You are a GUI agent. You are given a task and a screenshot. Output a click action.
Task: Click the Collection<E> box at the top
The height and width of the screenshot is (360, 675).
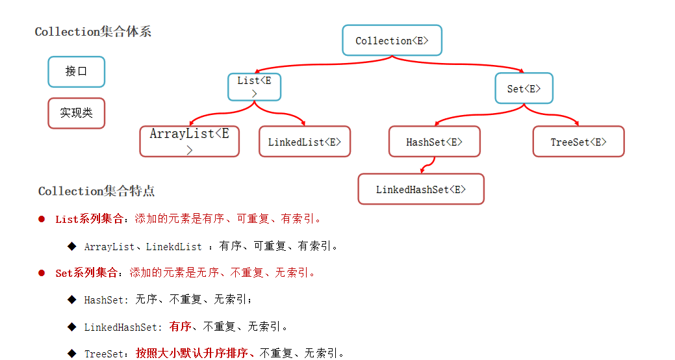pyautogui.click(x=392, y=40)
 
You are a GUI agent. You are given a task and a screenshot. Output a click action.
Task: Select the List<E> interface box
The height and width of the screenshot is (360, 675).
pyautogui.click(x=254, y=86)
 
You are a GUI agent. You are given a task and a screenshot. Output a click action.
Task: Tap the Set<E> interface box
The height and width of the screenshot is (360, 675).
pyautogui.click(x=524, y=88)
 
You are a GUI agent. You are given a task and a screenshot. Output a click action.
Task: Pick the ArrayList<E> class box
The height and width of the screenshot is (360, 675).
pyautogui.click(x=189, y=141)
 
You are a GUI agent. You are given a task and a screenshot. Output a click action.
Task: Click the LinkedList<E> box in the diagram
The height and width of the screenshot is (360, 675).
pyautogui.click(x=304, y=142)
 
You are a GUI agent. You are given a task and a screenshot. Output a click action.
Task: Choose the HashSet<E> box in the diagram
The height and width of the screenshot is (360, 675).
pyautogui.click(x=434, y=142)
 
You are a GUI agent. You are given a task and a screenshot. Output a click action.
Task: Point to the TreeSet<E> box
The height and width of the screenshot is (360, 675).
pyautogui.click(x=578, y=142)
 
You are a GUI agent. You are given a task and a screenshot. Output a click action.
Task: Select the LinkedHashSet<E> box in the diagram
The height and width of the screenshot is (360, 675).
pyautogui.click(x=420, y=189)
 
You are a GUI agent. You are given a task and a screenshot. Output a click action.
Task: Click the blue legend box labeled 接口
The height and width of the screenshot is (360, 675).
pyautogui.click(x=76, y=71)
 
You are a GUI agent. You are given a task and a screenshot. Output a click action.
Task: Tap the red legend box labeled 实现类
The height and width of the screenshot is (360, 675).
pyautogui.click(x=76, y=113)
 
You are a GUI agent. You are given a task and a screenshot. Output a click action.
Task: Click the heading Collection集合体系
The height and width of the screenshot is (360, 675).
pyautogui.click(x=93, y=32)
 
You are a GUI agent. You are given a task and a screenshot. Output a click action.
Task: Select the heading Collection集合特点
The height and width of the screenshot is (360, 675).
pyautogui.click(x=96, y=191)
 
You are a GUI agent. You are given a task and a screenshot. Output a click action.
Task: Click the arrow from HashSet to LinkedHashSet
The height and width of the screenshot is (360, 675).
pyautogui.click(x=425, y=165)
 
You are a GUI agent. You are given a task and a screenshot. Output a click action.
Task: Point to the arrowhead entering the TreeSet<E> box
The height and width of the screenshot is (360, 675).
pyautogui.click(x=576, y=123)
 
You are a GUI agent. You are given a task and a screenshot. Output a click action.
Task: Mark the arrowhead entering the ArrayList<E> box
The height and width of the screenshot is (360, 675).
pyautogui.click(x=191, y=123)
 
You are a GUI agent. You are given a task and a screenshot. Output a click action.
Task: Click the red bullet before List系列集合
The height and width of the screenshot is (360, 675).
pyautogui.click(x=41, y=219)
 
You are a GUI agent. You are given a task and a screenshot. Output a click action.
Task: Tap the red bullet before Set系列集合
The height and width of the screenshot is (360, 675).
pyautogui.click(x=41, y=273)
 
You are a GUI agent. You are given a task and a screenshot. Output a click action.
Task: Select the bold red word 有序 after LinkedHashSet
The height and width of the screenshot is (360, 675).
pyautogui.click(x=180, y=326)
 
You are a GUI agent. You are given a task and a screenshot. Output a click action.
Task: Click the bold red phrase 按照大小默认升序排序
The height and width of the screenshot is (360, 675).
pyautogui.click(x=192, y=354)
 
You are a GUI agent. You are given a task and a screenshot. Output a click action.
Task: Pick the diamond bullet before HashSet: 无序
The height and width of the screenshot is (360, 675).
pyautogui.click(x=71, y=300)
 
